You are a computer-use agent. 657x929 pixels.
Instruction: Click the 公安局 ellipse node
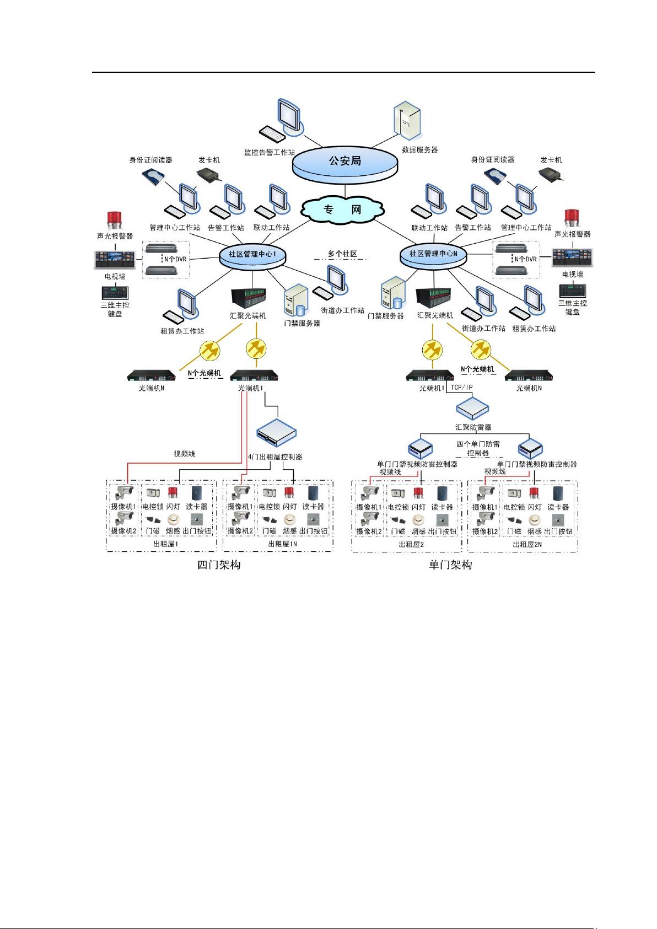[x=344, y=162]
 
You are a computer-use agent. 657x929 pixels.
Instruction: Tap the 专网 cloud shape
[x=343, y=210]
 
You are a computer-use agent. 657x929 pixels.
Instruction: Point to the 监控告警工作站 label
[x=270, y=152]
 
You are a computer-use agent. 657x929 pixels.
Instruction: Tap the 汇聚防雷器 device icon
[x=473, y=407]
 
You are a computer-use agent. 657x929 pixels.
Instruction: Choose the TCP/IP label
[x=461, y=387]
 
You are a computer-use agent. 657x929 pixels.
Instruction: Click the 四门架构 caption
[x=219, y=565]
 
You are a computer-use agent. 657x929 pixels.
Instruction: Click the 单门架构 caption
[x=450, y=565]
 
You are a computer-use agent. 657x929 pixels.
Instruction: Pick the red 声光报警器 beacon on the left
[x=115, y=219]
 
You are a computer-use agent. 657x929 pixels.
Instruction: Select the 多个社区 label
[x=342, y=254]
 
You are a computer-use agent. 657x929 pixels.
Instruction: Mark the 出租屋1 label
[x=165, y=544]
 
